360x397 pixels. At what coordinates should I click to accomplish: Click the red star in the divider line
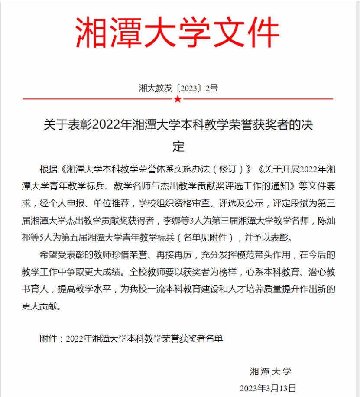(178, 100)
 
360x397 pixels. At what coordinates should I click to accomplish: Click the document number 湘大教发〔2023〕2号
(178, 88)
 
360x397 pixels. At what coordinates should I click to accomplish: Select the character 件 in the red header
(261, 33)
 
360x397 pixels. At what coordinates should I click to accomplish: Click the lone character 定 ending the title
(178, 146)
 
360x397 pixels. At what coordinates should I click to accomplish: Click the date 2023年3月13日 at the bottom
(268, 387)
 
